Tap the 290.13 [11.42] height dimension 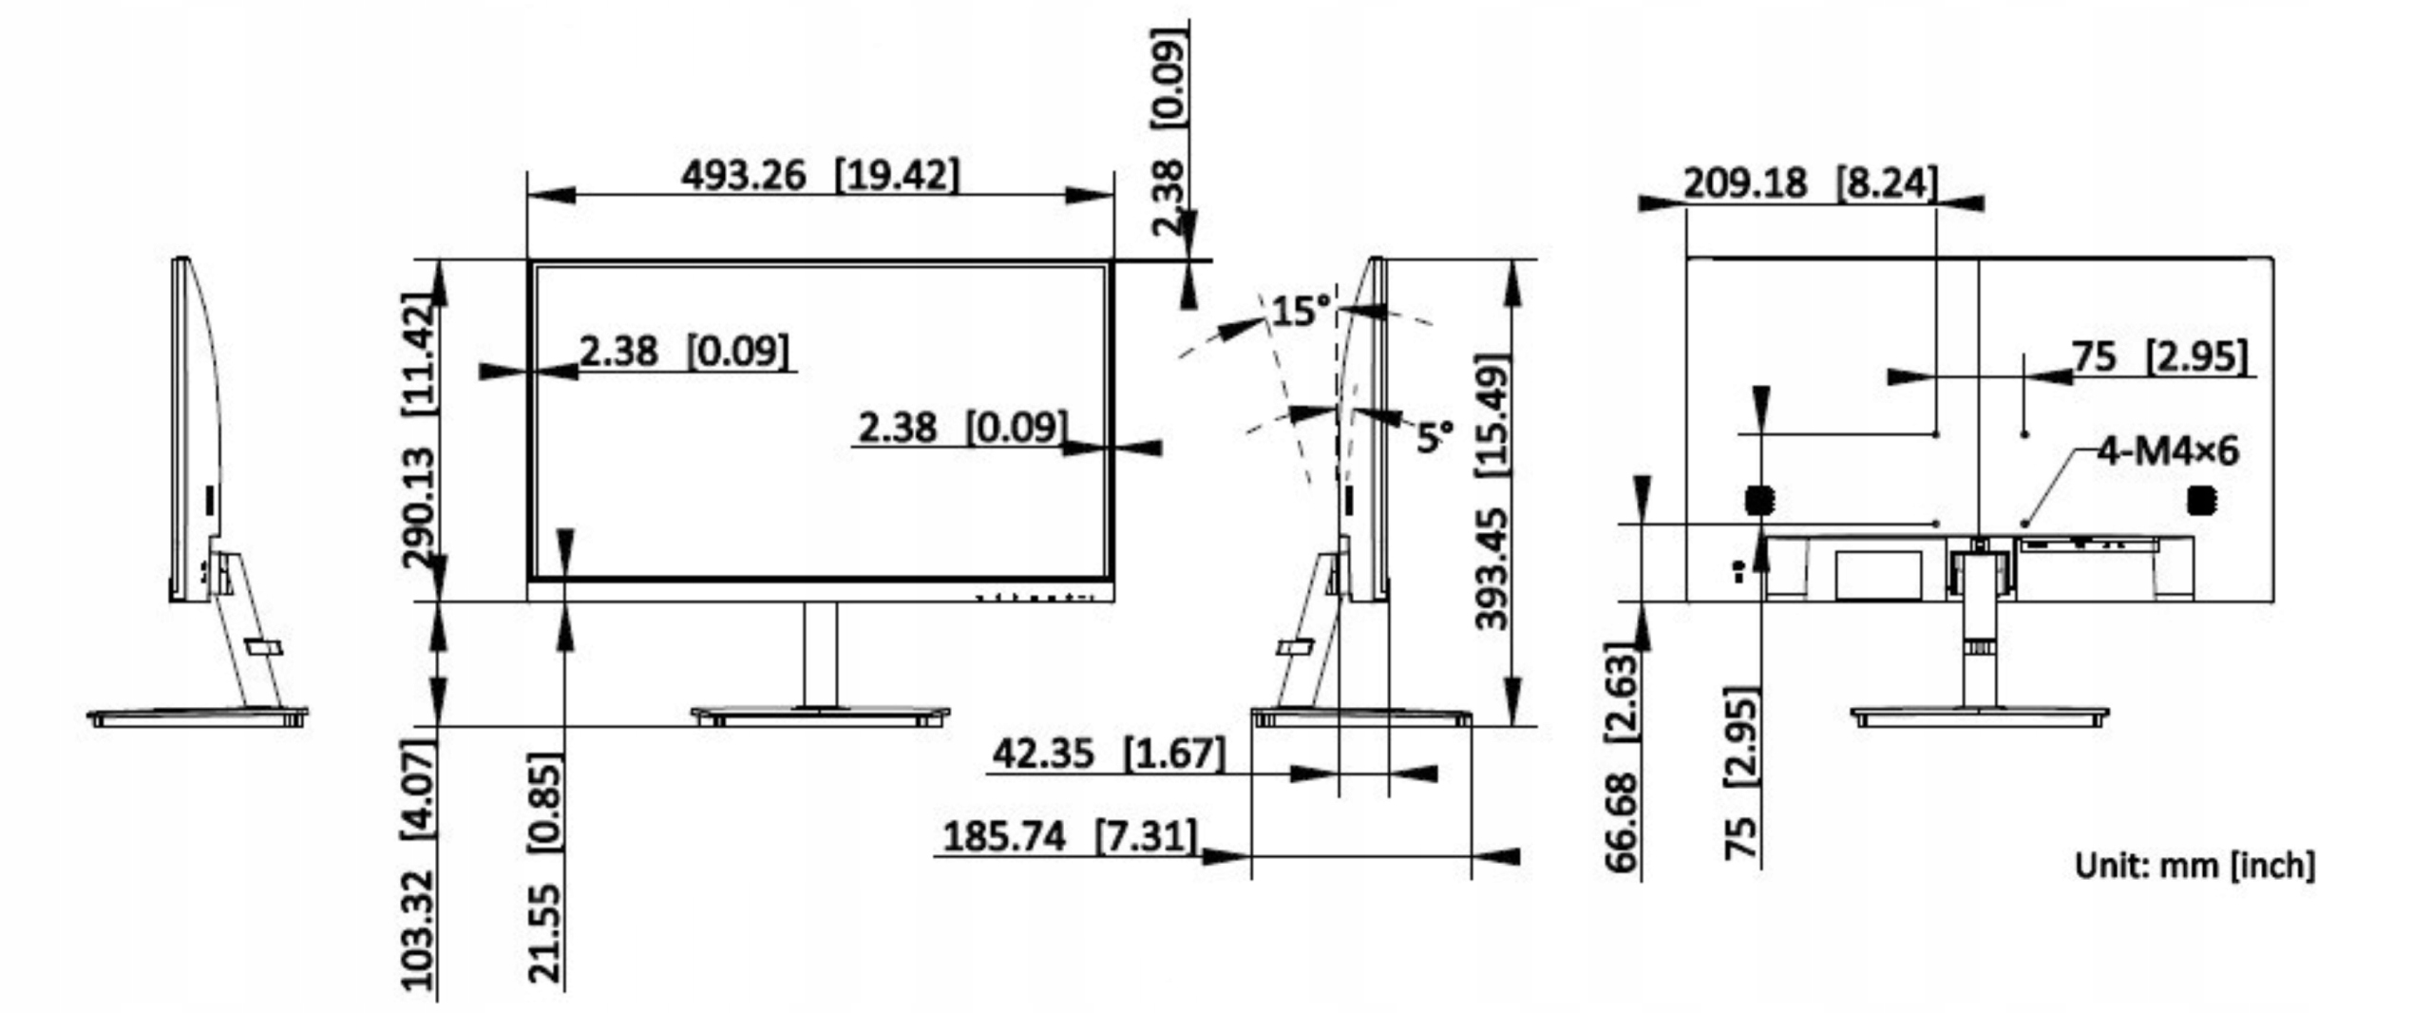419,430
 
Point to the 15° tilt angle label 1301,311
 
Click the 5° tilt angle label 1434,437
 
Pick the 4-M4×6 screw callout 2167,450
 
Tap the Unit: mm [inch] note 2194,866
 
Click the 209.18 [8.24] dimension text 1810,182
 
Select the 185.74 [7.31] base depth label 1070,837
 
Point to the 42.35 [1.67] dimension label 1108,754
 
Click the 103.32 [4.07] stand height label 418,865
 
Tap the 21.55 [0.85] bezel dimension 545,867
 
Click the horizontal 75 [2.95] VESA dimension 2159,357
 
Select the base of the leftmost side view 198,717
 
